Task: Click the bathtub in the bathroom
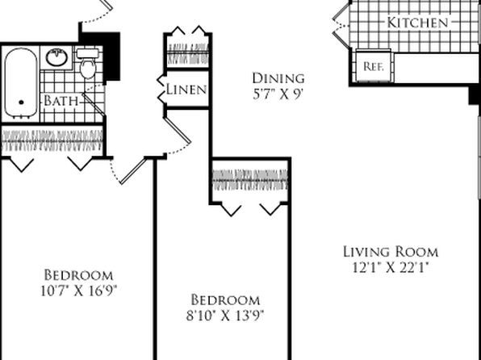click(21, 83)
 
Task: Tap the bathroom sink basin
click(56, 57)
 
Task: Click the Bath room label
click(61, 101)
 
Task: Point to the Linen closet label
click(186, 90)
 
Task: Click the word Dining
click(278, 78)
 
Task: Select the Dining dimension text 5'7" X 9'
click(278, 94)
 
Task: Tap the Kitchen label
click(417, 23)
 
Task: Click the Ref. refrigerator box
click(373, 65)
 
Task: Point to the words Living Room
click(391, 252)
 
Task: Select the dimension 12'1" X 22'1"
click(390, 267)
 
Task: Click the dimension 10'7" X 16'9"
click(79, 291)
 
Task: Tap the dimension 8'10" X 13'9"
click(225, 315)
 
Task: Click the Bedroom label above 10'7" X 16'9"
click(78, 275)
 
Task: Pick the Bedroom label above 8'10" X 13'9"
click(225, 299)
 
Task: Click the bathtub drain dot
click(21, 103)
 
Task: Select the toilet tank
click(88, 53)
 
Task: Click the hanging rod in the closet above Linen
click(188, 52)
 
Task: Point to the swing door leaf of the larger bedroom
click(132, 171)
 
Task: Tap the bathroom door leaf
click(94, 104)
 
